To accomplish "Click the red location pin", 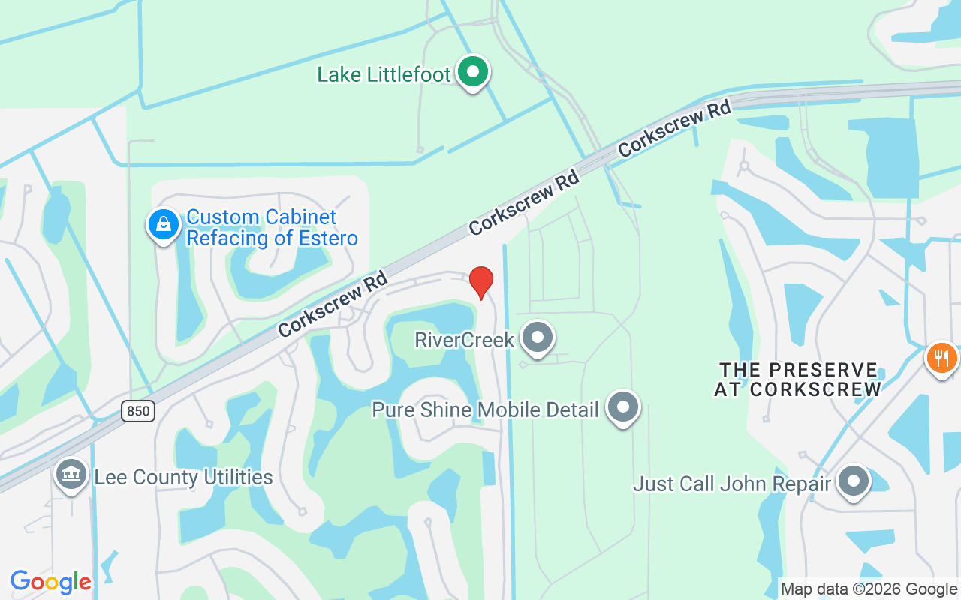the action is click(x=480, y=282).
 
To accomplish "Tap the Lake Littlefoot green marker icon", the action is click(x=473, y=73).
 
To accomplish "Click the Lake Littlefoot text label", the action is click(x=384, y=74).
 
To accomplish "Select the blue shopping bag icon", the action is click(x=163, y=223).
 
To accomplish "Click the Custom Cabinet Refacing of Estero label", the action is click(x=271, y=228).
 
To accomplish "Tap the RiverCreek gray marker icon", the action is click(x=537, y=337).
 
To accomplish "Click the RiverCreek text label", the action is click(x=464, y=340).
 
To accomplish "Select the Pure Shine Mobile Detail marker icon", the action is click(x=622, y=407).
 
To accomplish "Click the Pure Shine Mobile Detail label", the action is click(x=485, y=410).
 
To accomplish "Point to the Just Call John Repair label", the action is click(x=731, y=484).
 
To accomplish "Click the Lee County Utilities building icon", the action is click(x=71, y=475).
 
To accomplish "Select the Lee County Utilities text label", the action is click(x=183, y=477).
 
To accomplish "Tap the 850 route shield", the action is click(x=137, y=410).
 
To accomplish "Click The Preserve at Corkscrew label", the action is click(x=797, y=379).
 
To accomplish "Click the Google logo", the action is click(x=51, y=582).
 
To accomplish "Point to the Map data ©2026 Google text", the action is click(x=869, y=589).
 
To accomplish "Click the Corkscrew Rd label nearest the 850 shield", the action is click(x=333, y=304).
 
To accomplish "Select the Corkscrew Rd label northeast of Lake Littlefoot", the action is click(x=674, y=130).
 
